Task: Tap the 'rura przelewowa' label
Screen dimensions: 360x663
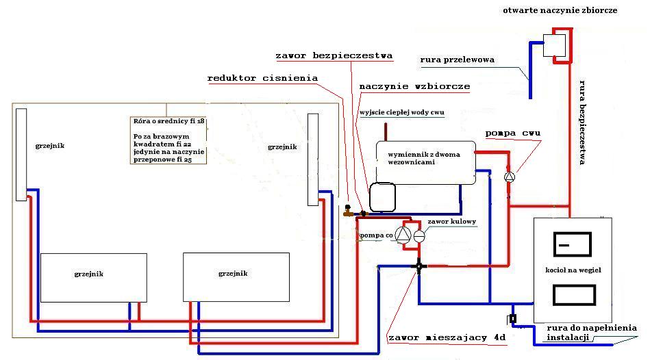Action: (x=457, y=60)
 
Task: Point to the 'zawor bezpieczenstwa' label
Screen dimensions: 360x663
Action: (x=334, y=55)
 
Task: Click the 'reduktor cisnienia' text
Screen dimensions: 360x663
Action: (x=262, y=78)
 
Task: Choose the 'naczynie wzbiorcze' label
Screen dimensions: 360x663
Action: (x=414, y=87)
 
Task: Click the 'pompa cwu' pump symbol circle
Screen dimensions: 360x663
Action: (x=509, y=177)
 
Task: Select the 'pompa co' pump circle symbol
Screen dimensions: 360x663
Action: (x=403, y=235)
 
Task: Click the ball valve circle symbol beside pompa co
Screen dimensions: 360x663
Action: (x=419, y=235)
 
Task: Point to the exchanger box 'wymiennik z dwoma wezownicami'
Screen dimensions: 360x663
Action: (x=425, y=162)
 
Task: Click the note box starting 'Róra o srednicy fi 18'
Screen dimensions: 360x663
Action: (x=168, y=140)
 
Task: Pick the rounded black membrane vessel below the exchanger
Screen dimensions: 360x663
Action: (x=382, y=196)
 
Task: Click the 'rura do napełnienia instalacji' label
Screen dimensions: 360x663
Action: (x=591, y=333)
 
